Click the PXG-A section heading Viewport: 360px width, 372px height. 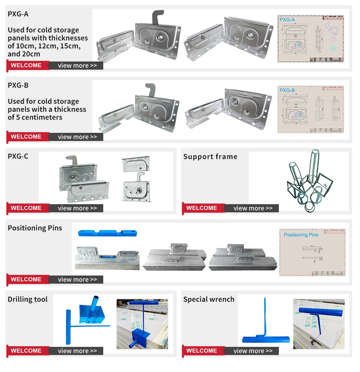point(18,14)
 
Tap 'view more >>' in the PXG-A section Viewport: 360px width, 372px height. point(77,66)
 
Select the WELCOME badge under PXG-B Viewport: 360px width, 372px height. point(26,137)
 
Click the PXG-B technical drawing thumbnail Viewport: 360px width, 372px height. point(311,109)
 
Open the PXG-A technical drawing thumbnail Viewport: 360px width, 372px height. point(311,38)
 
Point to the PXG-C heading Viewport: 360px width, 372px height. point(18,157)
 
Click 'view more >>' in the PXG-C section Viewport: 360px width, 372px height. point(77,208)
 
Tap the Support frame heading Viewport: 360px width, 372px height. point(210,157)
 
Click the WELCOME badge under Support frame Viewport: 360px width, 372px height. point(202,208)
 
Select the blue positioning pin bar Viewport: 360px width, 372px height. point(107,233)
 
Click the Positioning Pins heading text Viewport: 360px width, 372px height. point(35,228)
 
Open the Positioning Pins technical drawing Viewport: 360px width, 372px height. point(312,252)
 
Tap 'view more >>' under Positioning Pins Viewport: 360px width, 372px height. point(77,280)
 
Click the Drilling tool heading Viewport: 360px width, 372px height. point(28,299)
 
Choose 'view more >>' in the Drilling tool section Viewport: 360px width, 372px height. point(77,351)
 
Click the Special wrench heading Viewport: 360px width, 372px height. point(209,299)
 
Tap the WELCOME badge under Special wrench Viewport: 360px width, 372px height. point(202,351)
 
